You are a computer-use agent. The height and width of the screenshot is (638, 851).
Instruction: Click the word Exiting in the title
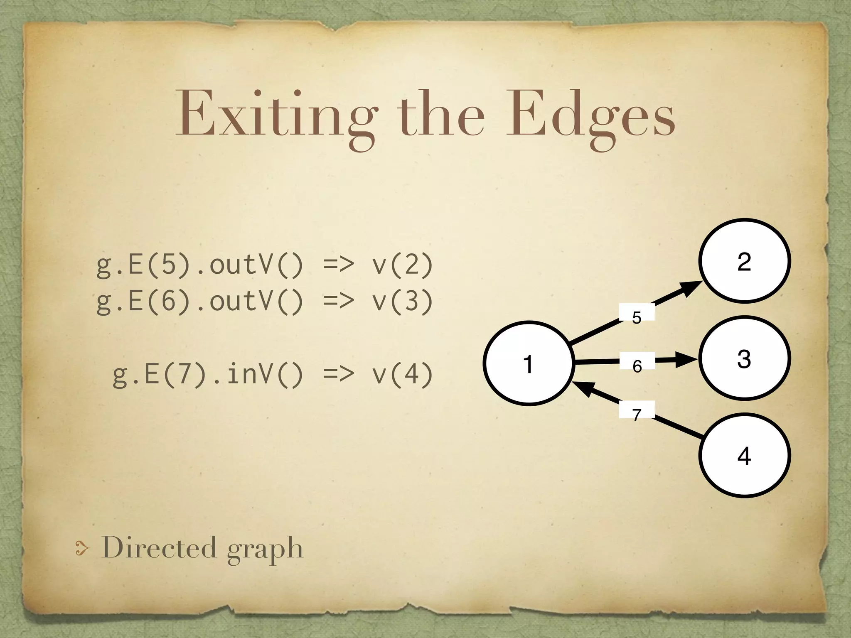276,114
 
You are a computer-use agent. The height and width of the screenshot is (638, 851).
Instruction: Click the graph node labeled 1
529,363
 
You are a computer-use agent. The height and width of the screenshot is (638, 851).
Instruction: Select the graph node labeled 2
744,261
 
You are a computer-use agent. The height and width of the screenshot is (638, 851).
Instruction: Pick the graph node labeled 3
744,358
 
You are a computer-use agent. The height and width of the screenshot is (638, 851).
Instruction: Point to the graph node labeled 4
744,456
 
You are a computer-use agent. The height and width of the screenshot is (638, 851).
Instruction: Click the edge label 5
637,317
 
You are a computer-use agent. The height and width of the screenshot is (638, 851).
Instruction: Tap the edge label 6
637,366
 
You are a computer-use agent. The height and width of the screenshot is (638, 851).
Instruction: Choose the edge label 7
637,414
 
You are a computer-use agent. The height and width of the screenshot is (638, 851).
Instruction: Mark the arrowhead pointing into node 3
686,359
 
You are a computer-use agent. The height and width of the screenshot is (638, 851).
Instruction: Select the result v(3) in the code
402,301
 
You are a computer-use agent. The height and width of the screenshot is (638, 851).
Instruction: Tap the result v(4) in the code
402,374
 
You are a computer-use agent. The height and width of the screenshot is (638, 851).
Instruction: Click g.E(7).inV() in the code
208,374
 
